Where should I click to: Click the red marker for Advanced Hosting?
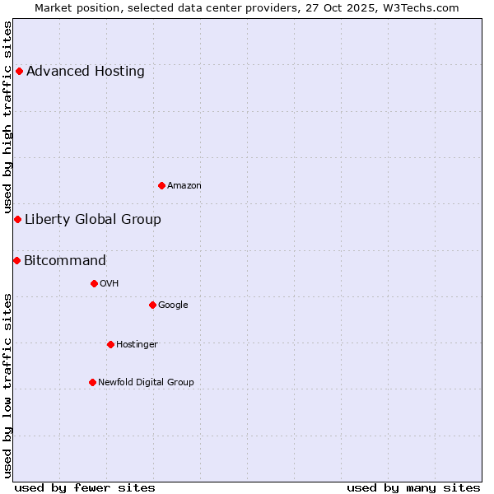pos(19,71)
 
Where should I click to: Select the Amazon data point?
pos(161,185)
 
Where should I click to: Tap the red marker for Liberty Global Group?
pos(17,219)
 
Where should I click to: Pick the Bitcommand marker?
pos(16,260)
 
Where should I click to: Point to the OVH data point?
pos(94,283)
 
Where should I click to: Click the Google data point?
pos(152,305)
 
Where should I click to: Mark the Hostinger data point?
pos(110,344)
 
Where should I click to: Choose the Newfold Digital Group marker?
pos(92,382)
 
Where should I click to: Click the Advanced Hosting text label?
pos(86,72)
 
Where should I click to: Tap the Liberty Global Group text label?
pos(93,220)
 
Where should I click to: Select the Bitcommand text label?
pos(65,261)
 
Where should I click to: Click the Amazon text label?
pos(184,186)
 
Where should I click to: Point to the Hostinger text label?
pos(137,345)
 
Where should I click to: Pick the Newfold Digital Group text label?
pos(146,382)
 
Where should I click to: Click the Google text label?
pos(173,305)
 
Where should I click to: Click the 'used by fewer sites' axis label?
pos(85,487)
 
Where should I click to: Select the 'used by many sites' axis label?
pos(413,487)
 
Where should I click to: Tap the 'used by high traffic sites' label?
pos(7,118)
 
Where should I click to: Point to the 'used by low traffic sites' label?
pos(7,385)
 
